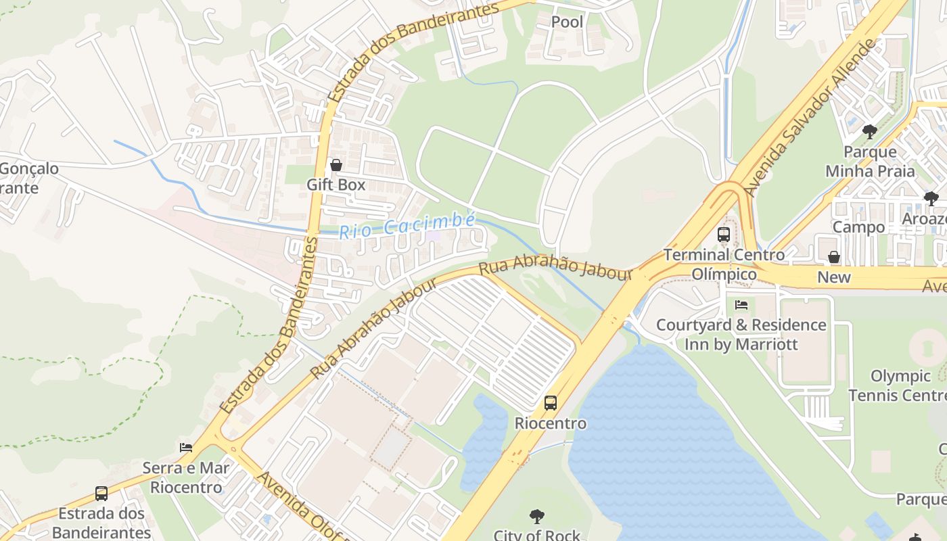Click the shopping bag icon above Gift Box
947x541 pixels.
point(336,165)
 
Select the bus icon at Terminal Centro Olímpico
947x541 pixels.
point(724,235)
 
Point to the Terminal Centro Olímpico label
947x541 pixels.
point(724,264)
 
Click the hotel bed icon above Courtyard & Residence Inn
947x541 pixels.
point(741,305)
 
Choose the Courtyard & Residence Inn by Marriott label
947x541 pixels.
point(741,335)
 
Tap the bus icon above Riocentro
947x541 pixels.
point(551,403)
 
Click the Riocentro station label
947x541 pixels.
point(551,423)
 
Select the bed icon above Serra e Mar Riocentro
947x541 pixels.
point(186,447)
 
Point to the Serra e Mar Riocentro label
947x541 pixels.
point(186,477)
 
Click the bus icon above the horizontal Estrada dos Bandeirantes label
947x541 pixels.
point(101,493)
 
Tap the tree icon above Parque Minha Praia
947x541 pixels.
point(870,131)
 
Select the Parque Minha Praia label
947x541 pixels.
point(870,162)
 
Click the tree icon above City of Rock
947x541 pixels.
point(537,517)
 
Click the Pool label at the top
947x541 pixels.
point(567,22)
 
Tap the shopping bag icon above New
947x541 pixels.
point(834,257)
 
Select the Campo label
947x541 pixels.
point(858,227)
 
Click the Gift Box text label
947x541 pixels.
point(336,185)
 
